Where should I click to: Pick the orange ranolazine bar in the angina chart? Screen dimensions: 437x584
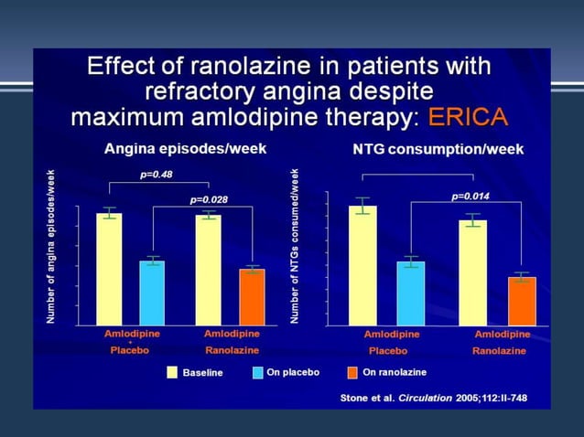point(252,296)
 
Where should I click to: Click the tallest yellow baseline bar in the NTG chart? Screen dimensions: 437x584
point(362,265)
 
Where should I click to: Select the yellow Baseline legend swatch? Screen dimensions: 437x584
point(171,372)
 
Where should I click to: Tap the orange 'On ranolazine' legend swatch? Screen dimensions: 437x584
point(352,372)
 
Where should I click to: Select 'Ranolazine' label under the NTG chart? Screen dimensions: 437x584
point(499,350)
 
